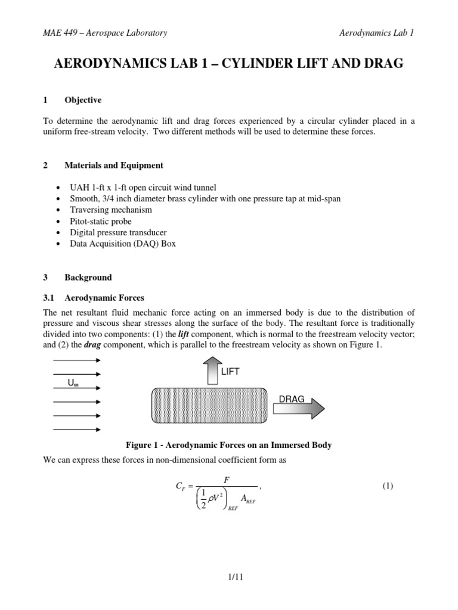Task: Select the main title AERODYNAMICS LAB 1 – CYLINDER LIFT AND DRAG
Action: (229, 64)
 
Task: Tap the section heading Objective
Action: (83, 100)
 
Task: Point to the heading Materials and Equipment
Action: (114, 165)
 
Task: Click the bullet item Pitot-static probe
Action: (103, 221)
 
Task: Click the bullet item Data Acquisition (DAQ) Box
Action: (123, 244)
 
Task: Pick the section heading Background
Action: (88, 278)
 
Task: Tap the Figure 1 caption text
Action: (228, 445)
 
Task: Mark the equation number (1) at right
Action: (388, 486)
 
